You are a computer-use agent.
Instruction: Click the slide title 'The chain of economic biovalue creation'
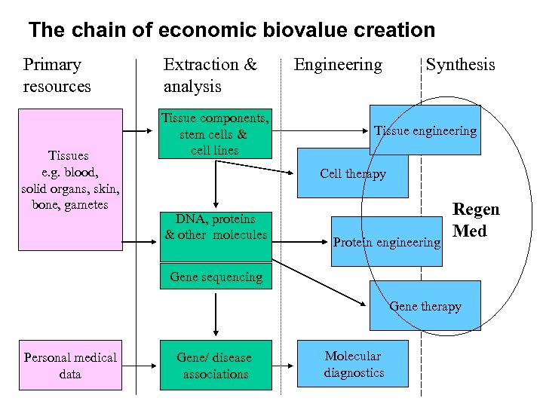(x=232, y=30)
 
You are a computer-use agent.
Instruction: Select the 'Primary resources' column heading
(x=57, y=75)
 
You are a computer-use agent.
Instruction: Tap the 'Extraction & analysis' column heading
(x=210, y=75)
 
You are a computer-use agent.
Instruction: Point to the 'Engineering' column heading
(x=338, y=65)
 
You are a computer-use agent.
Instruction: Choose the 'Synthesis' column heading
(x=460, y=65)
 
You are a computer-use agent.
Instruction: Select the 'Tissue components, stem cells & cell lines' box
(x=215, y=133)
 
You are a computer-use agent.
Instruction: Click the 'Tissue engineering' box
(x=425, y=130)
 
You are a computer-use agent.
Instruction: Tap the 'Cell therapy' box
(x=352, y=173)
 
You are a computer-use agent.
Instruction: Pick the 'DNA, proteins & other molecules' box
(x=216, y=227)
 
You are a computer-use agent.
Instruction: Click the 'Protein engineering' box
(x=387, y=242)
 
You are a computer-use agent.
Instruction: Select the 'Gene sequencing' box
(x=216, y=277)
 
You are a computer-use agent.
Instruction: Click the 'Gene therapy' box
(x=425, y=306)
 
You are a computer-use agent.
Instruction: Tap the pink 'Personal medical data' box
(x=70, y=366)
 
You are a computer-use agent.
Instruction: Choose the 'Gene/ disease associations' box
(x=216, y=366)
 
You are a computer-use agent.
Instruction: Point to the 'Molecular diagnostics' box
(x=354, y=364)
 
